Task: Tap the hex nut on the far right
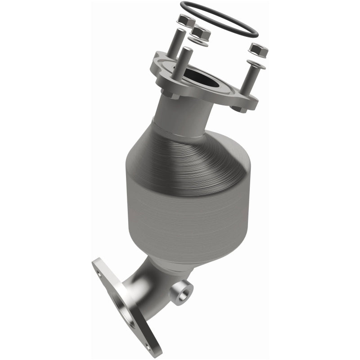(x=258, y=50)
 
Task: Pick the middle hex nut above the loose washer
(x=201, y=32)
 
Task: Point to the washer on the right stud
(x=256, y=64)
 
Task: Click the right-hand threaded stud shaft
(x=251, y=85)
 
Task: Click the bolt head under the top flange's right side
(x=238, y=108)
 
